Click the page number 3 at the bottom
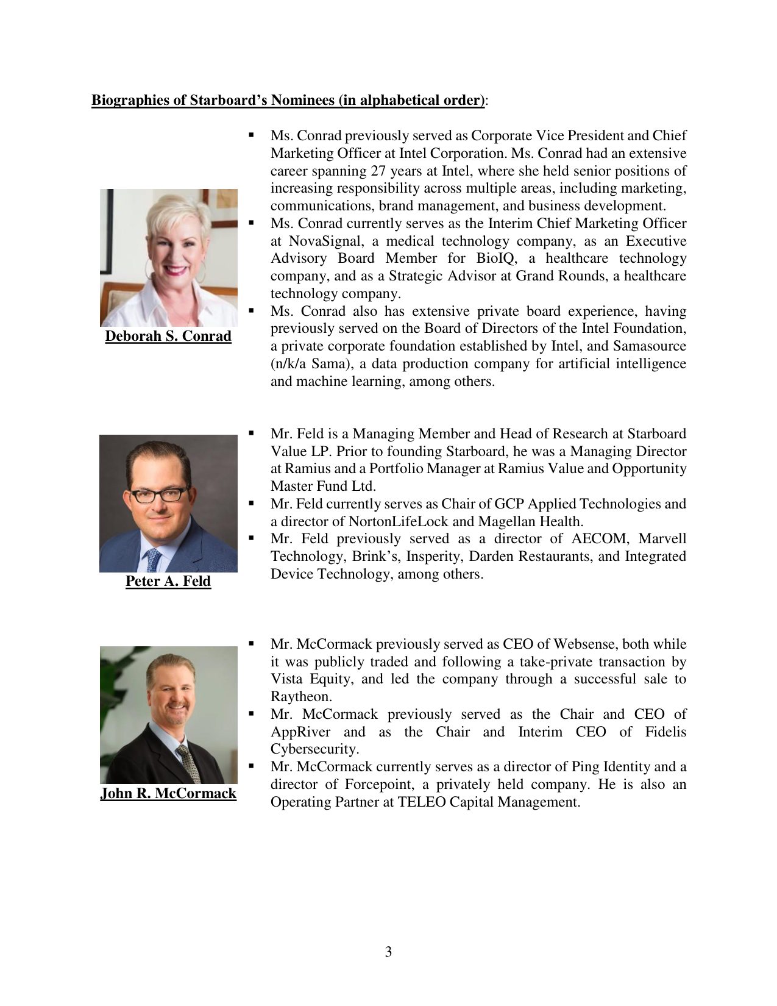coord(388,952)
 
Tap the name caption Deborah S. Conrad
coord(168,336)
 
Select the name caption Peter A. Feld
coord(168,581)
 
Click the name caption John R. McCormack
coord(168,793)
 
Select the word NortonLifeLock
coord(398,521)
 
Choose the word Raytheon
coord(301,697)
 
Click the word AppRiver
coord(300,732)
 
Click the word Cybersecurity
coord(314,749)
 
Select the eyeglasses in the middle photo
coord(158,494)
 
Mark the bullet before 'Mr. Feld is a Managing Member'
coord(250,433)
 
